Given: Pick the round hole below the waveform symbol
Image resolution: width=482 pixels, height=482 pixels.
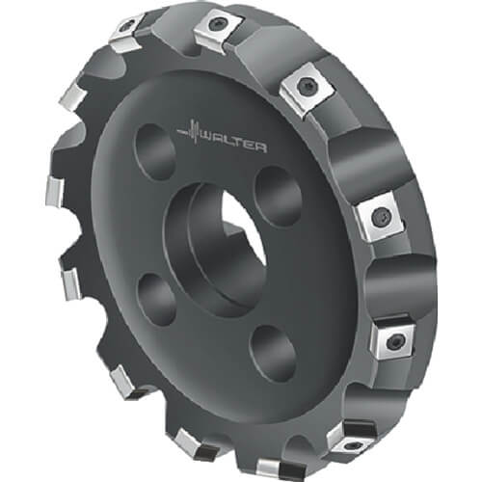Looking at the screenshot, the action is (155, 152).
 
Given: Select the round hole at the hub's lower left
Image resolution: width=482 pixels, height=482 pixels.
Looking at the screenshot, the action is (156, 301).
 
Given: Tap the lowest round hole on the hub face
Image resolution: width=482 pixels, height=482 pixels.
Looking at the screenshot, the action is (272, 354).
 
